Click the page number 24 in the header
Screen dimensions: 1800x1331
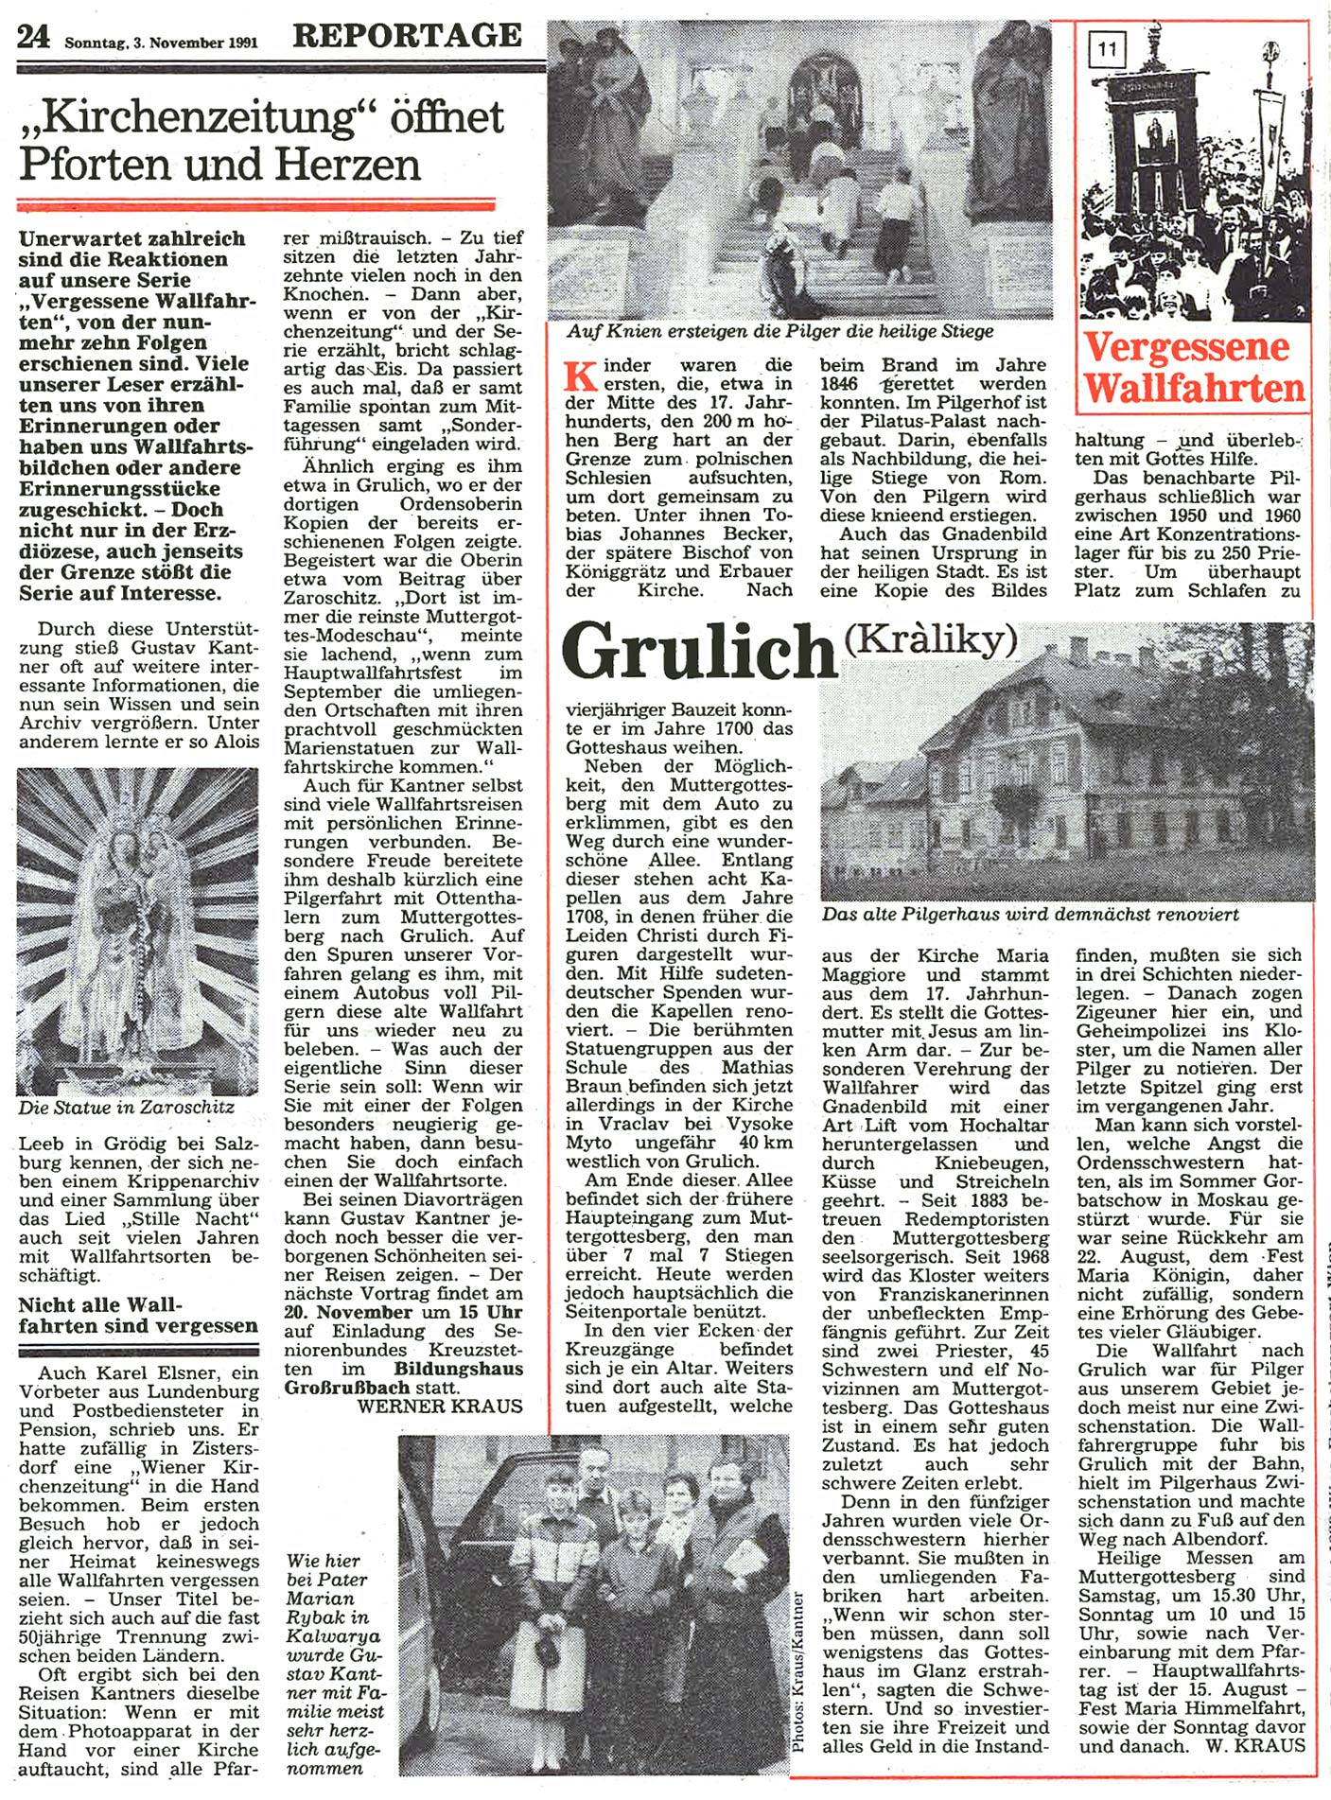[x=33, y=37]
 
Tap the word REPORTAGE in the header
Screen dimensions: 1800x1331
[x=407, y=35]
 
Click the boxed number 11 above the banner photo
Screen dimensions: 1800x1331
[x=1107, y=48]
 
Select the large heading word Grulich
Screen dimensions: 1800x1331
[x=699, y=651]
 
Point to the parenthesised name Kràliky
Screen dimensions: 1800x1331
[x=930, y=640]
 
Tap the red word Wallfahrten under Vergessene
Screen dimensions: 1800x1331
[x=1194, y=388]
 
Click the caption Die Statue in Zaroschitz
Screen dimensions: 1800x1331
[x=126, y=1107]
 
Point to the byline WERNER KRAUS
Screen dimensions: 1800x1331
[x=440, y=1406]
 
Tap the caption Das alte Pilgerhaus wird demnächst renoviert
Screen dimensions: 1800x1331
[x=1030, y=915]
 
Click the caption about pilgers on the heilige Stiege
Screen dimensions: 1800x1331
[x=780, y=331]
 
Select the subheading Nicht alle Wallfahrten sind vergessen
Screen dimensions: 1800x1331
[x=137, y=1316]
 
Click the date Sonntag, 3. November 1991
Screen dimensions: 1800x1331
[x=161, y=43]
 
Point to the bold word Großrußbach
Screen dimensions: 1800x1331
[x=347, y=1387]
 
